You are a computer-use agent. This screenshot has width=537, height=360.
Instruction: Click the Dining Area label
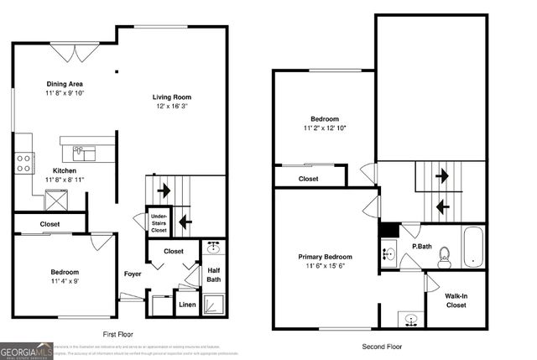point(64,83)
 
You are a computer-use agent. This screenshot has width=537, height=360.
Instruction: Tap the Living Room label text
point(171,97)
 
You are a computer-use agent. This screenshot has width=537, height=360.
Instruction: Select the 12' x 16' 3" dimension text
point(171,107)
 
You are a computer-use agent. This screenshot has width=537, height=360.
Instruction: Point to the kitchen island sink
point(84,153)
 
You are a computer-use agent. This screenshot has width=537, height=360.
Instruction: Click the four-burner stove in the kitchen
point(23,163)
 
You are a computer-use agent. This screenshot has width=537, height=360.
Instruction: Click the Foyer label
point(133,274)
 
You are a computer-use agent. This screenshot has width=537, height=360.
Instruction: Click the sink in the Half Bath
point(213,248)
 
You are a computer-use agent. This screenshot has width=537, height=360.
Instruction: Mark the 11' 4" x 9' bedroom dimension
point(65,282)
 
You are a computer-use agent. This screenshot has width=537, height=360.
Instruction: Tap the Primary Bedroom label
point(325,257)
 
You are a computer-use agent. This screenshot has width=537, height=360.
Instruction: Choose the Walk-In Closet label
point(456,300)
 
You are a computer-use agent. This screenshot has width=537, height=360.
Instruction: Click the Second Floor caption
point(382,347)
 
